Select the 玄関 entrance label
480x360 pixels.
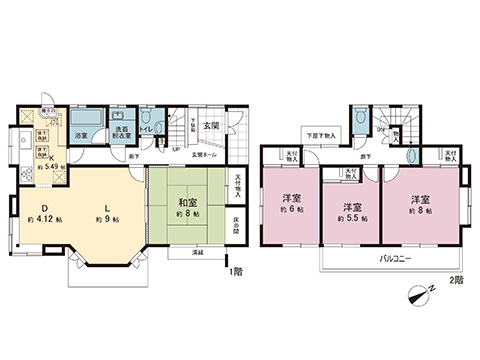[x=211, y=126]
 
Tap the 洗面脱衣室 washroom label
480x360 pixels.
[x=120, y=134]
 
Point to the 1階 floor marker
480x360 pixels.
[x=236, y=271]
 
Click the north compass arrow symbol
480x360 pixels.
[x=419, y=294]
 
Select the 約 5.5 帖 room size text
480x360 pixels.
[x=350, y=217]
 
